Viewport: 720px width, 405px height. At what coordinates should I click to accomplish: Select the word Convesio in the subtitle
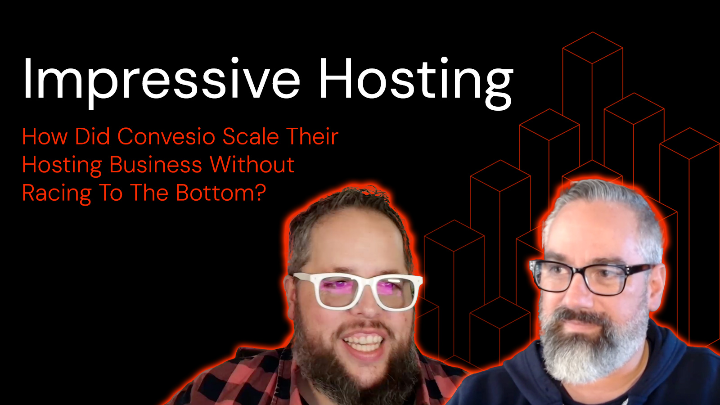(x=166, y=137)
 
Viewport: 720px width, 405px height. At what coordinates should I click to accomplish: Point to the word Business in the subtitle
(x=156, y=165)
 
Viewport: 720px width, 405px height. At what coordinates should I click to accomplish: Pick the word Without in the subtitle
(x=252, y=165)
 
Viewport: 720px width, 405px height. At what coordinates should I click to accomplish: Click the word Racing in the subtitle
(x=57, y=193)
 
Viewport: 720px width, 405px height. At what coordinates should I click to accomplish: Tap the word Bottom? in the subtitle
(x=221, y=193)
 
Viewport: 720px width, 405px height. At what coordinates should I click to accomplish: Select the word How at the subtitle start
(x=45, y=137)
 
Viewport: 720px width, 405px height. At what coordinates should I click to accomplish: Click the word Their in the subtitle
(x=312, y=137)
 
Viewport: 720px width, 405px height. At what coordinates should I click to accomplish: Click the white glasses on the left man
(x=354, y=290)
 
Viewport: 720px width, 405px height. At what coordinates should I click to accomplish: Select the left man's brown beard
(x=354, y=363)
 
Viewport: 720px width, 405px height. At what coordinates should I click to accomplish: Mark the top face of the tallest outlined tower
(x=593, y=48)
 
